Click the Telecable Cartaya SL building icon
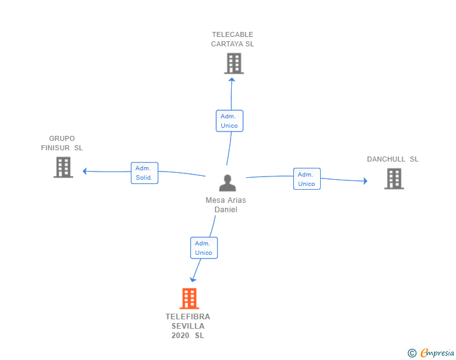click(x=234, y=63)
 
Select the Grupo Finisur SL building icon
click(x=63, y=167)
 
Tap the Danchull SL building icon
click(x=393, y=179)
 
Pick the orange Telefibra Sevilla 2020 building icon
click(x=189, y=299)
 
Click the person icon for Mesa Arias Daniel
click(x=227, y=183)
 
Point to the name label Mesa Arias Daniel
click(x=225, y=205)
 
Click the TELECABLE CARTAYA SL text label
click(x=232, y=39)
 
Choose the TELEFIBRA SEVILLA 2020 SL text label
click(x=188, y=326)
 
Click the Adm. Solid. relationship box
click(x=145, y=173)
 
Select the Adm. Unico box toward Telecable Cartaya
click(x=229, y=121)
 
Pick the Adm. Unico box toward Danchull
click(x=306, y=179)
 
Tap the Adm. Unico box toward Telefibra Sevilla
click(x=204, y=248)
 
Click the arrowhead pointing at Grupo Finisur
click(x=85, y=171)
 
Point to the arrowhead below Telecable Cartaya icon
click(x=232, y=78)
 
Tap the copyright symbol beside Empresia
click(x=412, y=353)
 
